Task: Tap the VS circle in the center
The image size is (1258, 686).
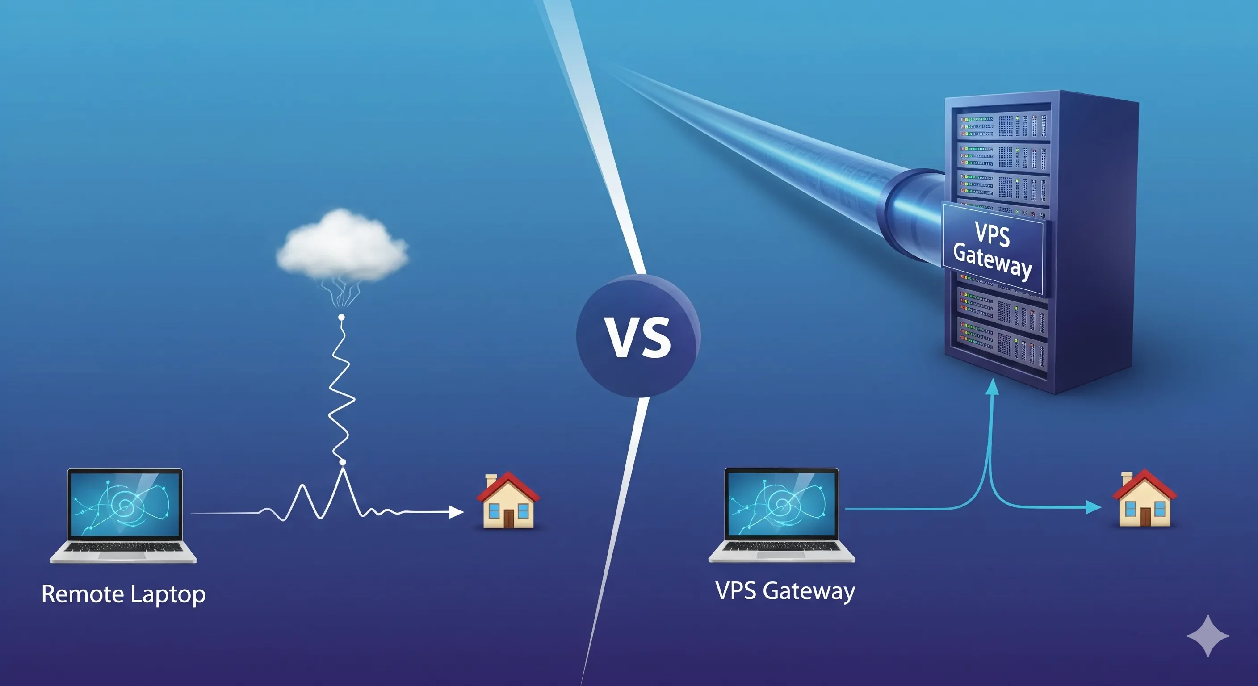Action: point(638,336)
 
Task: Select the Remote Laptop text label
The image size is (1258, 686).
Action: point(124,594)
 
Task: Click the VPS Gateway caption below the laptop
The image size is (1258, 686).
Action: point(785,591)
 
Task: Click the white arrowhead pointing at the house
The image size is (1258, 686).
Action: point(456,512)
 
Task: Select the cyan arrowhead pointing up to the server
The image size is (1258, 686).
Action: point(992,387)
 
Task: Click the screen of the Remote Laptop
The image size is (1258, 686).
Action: point(125,503)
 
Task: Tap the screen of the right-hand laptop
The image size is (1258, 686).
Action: point(782,503)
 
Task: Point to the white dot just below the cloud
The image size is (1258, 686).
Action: point(341,318)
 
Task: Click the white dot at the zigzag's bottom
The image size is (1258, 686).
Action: point(342,462)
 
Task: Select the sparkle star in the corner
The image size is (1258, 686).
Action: point(1208,636)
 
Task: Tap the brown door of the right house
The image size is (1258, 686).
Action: point(1145,517)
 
